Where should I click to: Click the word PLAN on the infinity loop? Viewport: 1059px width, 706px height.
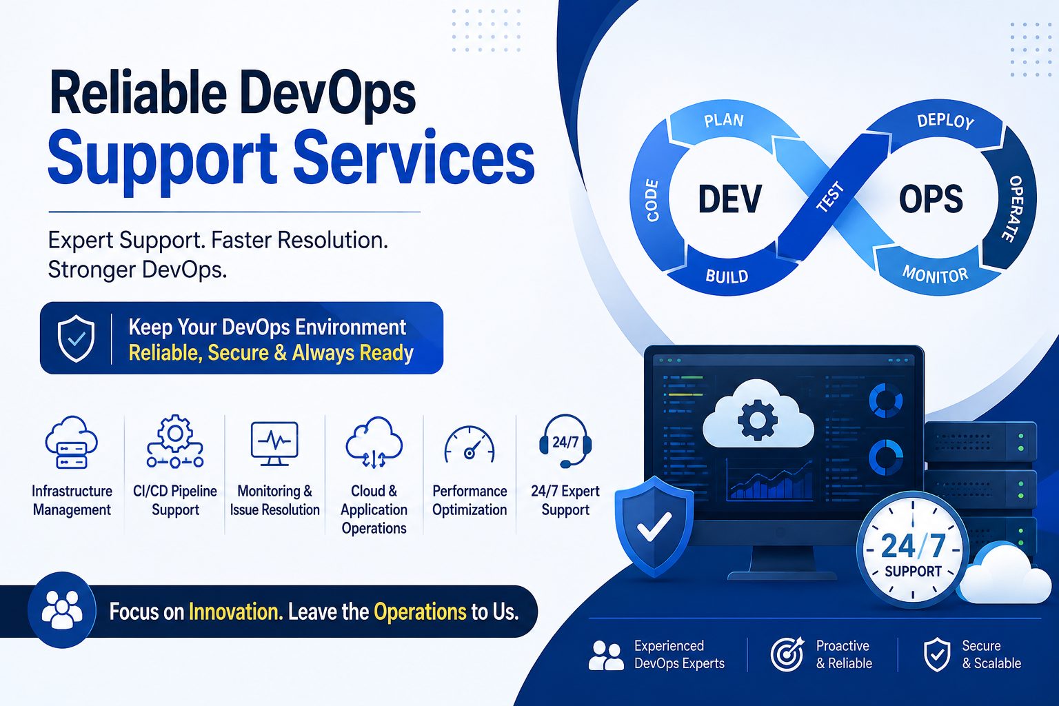(x=724, y=121)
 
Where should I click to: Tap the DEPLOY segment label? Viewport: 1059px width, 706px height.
(x=945, y=121)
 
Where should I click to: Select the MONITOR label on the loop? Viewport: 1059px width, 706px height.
(x=935, y=274)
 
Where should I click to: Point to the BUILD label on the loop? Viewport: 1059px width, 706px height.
(x=727, y=276)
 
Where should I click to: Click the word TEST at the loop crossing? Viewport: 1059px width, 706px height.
(x=830, y=196)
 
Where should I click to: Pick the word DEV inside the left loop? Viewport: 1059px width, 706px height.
(x=730, y=199)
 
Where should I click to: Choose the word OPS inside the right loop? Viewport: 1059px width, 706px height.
(x=930, y=199)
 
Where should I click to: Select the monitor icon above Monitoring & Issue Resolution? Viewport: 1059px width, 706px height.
(x=274, y=443)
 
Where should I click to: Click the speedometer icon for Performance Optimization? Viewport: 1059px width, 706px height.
(x=469, y=445)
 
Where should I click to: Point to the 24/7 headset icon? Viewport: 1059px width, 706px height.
(x=565, y=441)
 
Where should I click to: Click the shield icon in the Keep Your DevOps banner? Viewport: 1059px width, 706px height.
(x=76, y=339)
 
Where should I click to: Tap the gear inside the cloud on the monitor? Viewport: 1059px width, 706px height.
(x=758, y=419)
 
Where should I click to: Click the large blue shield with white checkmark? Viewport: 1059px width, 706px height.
(x=654, y=527)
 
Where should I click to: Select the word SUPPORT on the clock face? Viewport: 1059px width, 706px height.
(x=913, y=572)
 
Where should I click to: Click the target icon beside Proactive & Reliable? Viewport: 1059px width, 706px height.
(x=787, y=654)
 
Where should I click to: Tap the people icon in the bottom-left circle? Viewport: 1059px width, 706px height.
(x=62, y=610)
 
